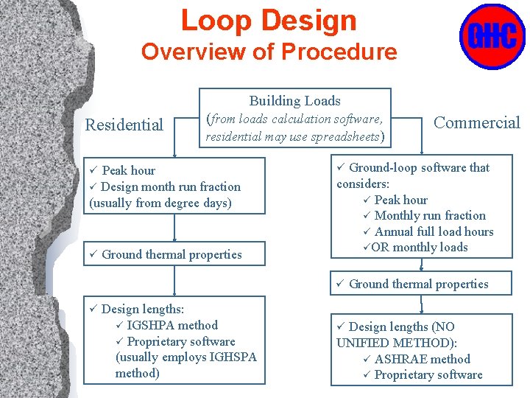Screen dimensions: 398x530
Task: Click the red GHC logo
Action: point(492,36)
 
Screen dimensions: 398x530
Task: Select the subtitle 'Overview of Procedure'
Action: point(269,52)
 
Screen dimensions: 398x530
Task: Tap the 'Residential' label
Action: point(124,125)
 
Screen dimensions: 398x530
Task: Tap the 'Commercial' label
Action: point(476,122)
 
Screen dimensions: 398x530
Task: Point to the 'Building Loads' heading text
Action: point(294,101)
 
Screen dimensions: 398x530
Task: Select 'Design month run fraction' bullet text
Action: point(170,186)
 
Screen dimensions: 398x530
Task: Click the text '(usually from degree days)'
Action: point(160,203)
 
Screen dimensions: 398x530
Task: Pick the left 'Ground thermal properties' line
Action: point(172,254)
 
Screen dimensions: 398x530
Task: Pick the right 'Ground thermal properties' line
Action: point(418,284)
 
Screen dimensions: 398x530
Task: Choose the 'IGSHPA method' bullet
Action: point(172,325)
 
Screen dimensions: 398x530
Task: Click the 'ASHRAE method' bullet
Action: point(422,359)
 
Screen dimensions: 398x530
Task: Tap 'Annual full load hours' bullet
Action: point(434,231)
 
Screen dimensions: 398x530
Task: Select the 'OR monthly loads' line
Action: point(419,247)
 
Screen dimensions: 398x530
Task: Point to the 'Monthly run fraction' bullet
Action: point(430,215)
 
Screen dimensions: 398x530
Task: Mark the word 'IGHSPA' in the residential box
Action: point(232,357)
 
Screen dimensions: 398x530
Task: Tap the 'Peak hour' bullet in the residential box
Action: point(128,170)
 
